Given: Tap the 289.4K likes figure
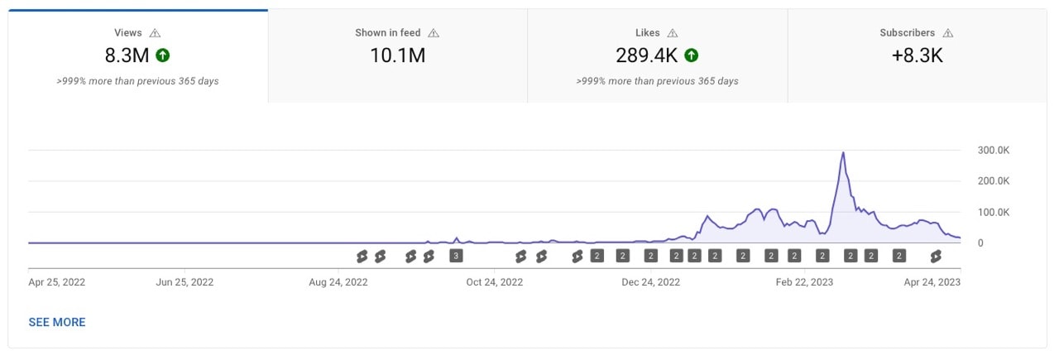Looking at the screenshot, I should tap(647, 56).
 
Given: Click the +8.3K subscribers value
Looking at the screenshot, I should tap(917, 56).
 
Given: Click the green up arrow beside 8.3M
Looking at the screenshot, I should tap(163, 56).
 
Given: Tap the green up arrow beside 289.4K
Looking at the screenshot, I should tap(692, 56).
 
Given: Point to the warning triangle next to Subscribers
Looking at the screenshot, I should tap(948, 33).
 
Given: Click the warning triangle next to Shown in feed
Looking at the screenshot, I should tap(434, 33).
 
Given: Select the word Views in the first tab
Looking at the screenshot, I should tap(128, 33).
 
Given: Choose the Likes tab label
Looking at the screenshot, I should tap(647, 33).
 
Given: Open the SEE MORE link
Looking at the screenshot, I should tap(57, 322).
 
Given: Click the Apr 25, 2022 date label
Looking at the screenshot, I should tap(57, 282).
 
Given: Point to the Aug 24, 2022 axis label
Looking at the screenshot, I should tap(338, 282).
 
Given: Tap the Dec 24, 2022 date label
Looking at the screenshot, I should tap(651, 282).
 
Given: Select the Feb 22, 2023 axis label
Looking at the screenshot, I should tap(804, 282).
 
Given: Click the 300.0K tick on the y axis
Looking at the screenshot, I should tap(993, 150).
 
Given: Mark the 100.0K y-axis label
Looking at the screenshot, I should tap(993, 212).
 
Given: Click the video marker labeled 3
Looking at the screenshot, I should tap(455, 256).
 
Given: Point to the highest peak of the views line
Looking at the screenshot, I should tap(843, 152).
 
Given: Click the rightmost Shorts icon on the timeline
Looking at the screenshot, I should tap(936, 256).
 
